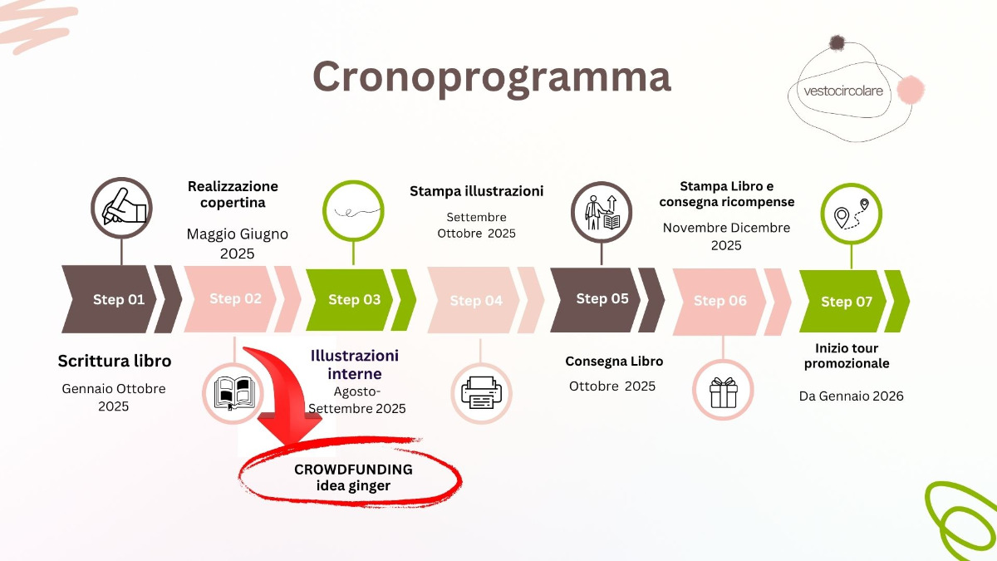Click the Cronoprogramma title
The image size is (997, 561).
click(x=492, y=77)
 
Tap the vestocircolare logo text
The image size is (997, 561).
click(x=843, y=91)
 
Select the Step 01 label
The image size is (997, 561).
click(x=119, y=299)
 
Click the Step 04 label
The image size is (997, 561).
click(x=476, y=301)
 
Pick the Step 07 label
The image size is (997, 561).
click(x=847, y=302)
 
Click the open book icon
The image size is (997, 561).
click(x=234, y=393)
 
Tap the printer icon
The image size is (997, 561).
click(x=481, y=392)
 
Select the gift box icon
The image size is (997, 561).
click(x=724, y=392)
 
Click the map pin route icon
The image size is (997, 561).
click(x=851, y=214)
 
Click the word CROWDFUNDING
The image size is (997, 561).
click(x=353, y=470)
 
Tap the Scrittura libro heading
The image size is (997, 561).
click(x=115, y=361)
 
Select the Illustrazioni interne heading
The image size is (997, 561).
click(x=354, y=364)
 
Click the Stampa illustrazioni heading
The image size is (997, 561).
click(x=476, y=191)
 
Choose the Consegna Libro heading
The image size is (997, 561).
click(x=614, y=361)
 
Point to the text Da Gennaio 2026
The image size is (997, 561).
click(x=851, y=396)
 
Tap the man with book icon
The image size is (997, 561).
click(x=602, y=213)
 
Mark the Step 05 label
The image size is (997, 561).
click(x=602, y=298)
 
